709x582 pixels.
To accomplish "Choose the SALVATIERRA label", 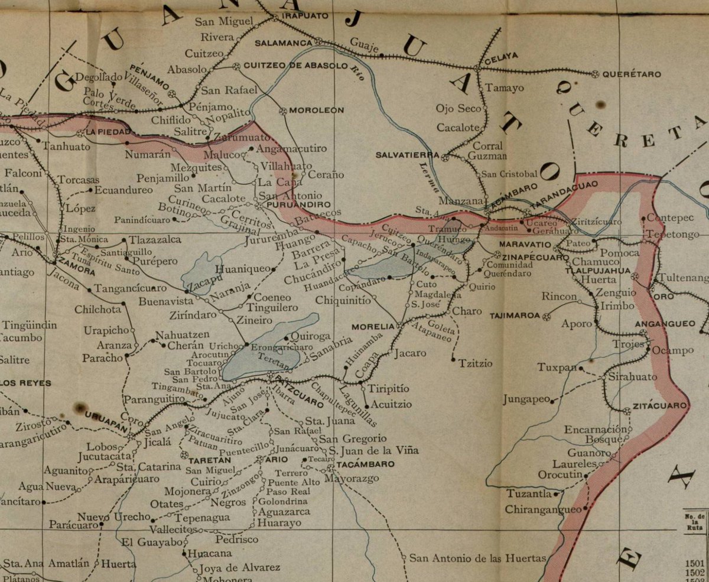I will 408,155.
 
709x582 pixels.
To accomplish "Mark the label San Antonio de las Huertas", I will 477,558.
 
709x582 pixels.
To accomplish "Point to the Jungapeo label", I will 526,400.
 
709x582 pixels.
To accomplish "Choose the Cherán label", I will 186,346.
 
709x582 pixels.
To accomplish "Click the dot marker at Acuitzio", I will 366,406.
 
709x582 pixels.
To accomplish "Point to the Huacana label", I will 210,554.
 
